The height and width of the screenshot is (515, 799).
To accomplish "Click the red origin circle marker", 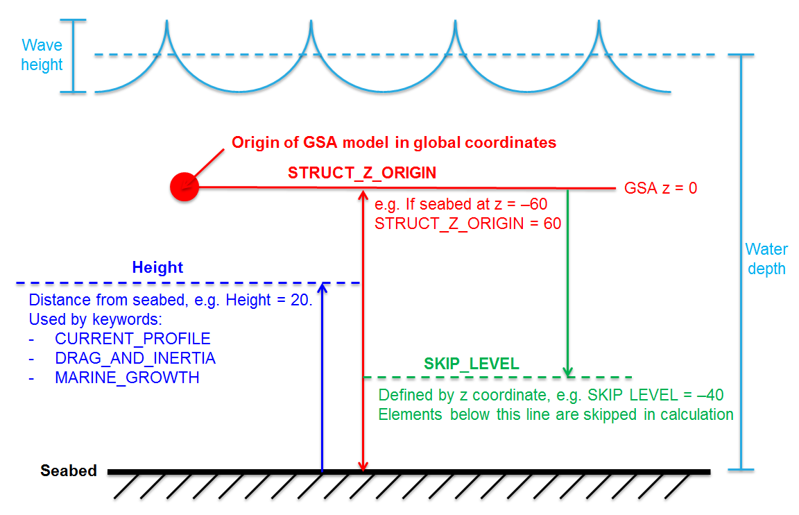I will click(x=184, y=187).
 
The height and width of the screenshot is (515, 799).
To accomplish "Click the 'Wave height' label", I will click(x=42, y=56).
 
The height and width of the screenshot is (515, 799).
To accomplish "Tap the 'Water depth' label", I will click(x=766, y=259).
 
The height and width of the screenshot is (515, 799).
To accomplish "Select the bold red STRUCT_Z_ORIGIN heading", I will click(x=362, y=173).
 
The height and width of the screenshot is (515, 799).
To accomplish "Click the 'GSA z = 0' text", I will click(x=661, y=188).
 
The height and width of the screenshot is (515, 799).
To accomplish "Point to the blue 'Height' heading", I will click(x=157, y=268).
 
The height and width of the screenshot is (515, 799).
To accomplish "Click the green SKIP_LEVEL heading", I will click(x=472, y=364).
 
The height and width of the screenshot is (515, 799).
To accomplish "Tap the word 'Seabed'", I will click(x=69, y=471).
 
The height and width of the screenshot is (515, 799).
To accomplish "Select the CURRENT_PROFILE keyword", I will click(x=132, y=339).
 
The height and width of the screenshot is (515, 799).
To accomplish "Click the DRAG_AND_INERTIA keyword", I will click(x=135, y=358).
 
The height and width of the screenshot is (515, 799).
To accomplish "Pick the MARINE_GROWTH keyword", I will click(x=127, y=378).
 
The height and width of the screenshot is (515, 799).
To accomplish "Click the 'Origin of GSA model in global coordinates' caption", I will click(x=394, y=143).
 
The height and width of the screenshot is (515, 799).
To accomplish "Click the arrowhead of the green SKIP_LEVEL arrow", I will click(x=569, y=373).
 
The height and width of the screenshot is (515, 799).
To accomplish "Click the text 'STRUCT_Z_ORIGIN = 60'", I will click(x=467, y=223).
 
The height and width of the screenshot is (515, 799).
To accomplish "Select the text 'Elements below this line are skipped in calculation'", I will click(x=556, y=414).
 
